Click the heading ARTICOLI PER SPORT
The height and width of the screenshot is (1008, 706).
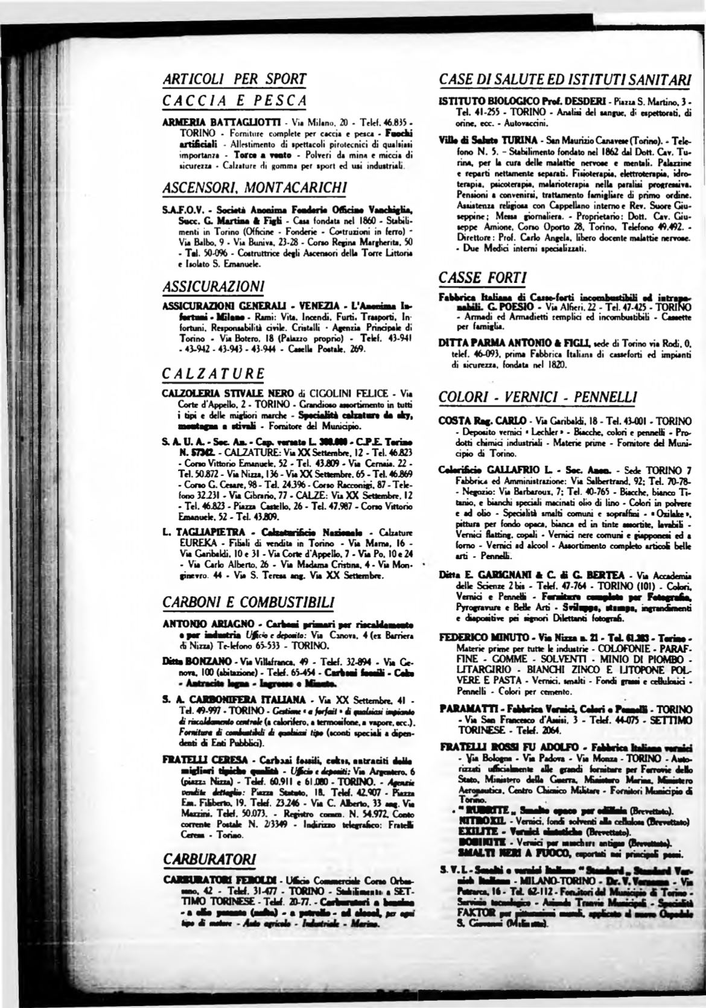[x=235, y=78]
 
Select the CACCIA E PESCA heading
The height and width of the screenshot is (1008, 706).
[x=235, y=100]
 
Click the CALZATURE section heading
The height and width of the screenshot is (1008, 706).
[x=214, y=373]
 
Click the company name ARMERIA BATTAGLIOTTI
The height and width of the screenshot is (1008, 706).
[x=210, y=121]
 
